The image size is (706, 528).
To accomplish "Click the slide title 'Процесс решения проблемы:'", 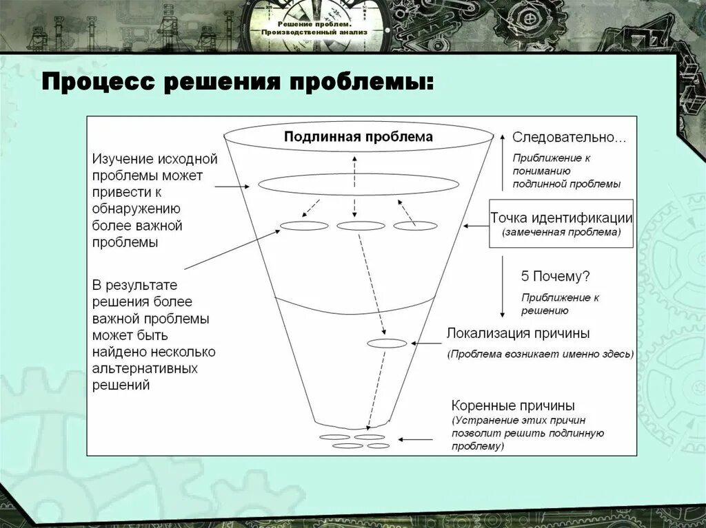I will [238, 83].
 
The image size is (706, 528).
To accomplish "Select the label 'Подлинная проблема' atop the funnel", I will [359, 136].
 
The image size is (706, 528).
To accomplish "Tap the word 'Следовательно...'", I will [569, 138].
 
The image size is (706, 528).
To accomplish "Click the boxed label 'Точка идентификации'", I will [561, 218].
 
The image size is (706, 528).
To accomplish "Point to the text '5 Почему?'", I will [555, 277].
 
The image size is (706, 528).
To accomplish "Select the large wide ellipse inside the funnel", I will [359, 184].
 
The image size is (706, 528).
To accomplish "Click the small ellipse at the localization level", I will [387, 343].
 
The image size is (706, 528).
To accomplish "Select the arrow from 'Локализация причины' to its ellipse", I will [427, 343].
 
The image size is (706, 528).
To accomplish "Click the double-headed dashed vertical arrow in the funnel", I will [354, 183].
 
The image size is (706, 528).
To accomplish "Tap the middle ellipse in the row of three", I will [361, 226].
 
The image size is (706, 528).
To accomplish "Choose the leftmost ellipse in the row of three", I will [304, 226].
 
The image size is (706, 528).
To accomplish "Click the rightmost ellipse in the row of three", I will [415, 226].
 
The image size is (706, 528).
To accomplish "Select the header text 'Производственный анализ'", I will [319, 32].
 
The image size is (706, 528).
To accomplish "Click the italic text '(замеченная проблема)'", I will [561, 233].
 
